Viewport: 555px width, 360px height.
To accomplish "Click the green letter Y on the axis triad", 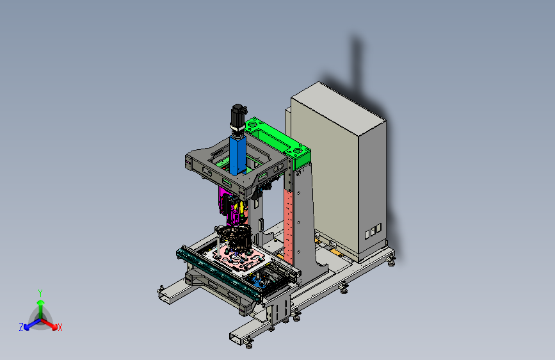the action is coord(40,293).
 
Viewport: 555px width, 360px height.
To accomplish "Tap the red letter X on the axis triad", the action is coord(60,328).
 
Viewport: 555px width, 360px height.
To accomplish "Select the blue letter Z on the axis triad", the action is coord(21,327).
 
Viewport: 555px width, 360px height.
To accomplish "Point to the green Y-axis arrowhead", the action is coord(41,302).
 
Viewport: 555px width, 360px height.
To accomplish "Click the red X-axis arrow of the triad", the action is coord(49,324).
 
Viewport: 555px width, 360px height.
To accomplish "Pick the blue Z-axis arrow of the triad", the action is coord(33,324).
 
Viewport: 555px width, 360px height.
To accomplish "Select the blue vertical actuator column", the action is coord(237,154).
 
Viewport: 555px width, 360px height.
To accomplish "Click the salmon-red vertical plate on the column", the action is coord(289,227).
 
